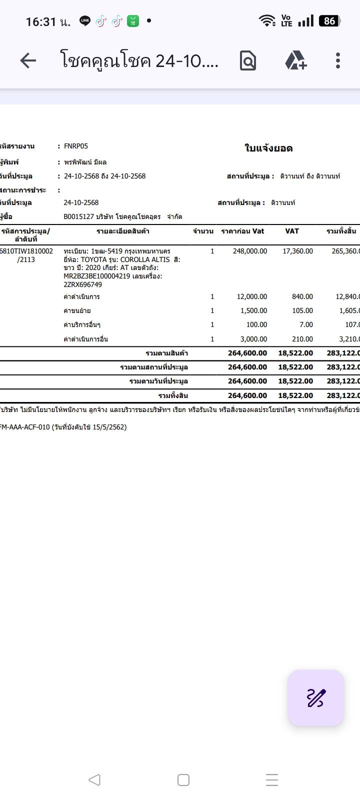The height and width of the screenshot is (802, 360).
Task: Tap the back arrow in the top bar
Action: click(28, 60)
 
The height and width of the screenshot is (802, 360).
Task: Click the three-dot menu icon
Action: click(338, 60)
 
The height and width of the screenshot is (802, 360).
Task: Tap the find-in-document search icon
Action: click(248, 60)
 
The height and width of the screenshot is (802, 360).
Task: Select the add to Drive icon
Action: click(295, 60)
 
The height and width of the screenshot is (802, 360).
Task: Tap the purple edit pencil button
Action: click(315, 697)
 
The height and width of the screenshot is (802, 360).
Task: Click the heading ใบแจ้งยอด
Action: click(268, 148)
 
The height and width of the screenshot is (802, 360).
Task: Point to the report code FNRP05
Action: click(76, 146)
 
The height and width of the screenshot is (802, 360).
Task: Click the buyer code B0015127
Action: click(79, 216)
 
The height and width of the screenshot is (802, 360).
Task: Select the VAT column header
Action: click(292, 231)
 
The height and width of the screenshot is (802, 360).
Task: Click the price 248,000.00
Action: click(250, 251)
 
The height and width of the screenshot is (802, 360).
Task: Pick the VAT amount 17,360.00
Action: click(298, 251)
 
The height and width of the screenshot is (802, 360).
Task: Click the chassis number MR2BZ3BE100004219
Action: click(96, 276)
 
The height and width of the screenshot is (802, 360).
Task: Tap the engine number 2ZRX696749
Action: click(82, 284)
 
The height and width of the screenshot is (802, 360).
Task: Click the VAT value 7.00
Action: click(306, 324)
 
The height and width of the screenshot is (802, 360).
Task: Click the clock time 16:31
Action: click(41, 21)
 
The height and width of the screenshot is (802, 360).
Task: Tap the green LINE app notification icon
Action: click(85, 21)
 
